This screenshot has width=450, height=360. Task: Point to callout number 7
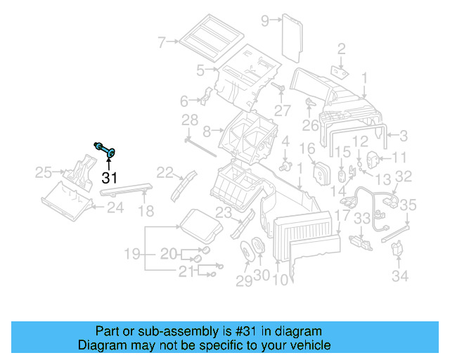tap(162, 42)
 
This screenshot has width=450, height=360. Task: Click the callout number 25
tap(43, 173)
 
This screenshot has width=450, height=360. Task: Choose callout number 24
tap(115, 207)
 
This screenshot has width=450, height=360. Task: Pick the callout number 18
tap(145, 210)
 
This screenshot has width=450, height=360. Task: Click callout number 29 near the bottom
tap(243, 281)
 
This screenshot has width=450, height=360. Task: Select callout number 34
tap(399, 276)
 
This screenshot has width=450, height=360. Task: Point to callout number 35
tap(409, 205)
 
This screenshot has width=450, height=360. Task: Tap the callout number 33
tap(361, 220)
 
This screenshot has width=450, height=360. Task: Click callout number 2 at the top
tap(342, 49)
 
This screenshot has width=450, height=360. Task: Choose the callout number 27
tap(283, 110)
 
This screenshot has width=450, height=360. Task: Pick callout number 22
tap(165, 172)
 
